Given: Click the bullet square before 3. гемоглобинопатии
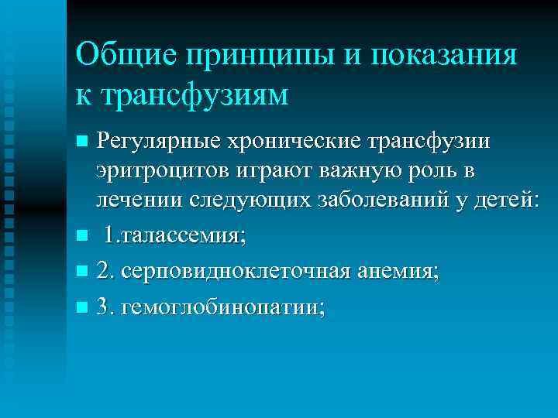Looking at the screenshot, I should tap(82, 308).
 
